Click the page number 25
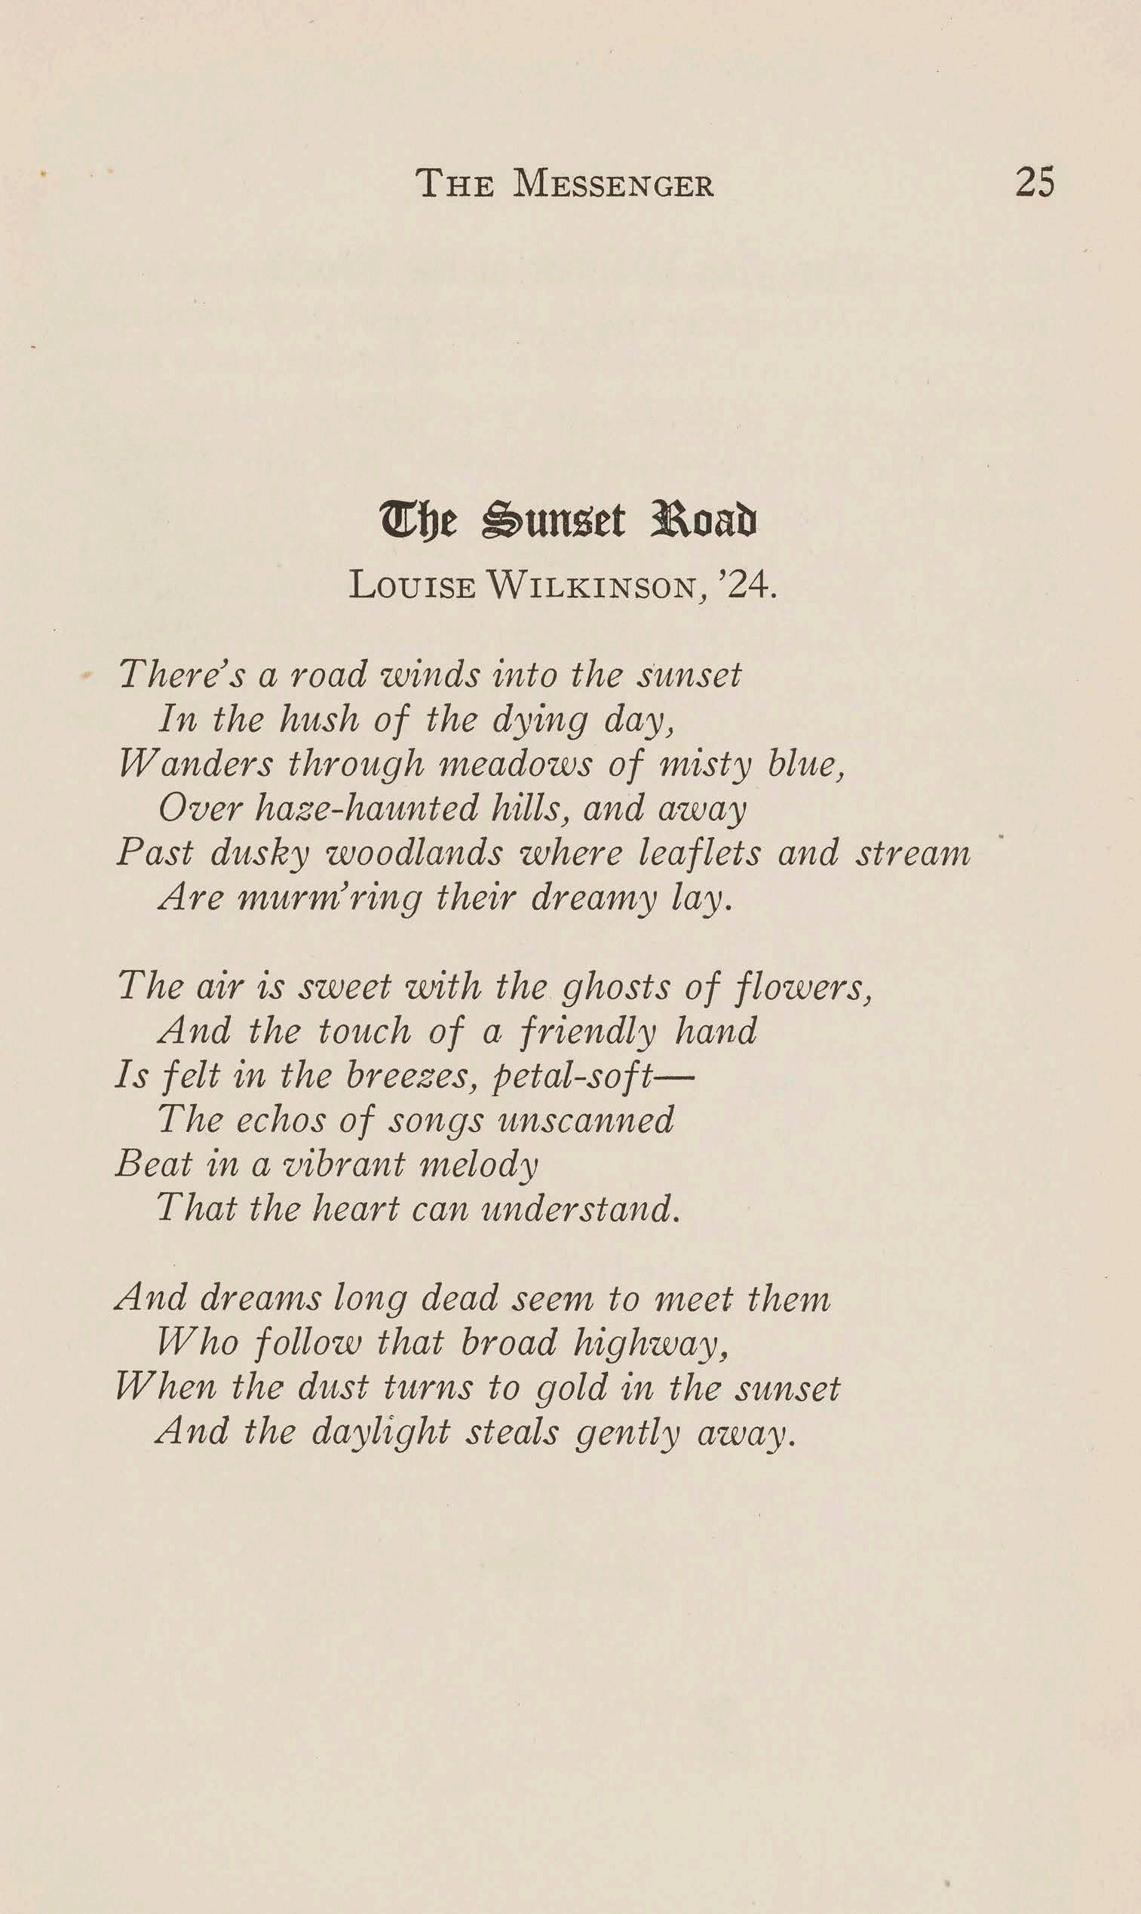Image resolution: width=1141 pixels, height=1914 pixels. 1034,183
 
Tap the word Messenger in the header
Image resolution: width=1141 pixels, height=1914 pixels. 613,185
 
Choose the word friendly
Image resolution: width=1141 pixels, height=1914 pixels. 588,1032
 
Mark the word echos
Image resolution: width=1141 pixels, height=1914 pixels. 281,1120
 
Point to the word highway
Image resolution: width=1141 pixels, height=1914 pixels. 651,1344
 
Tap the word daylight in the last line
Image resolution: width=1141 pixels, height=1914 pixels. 381,1433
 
